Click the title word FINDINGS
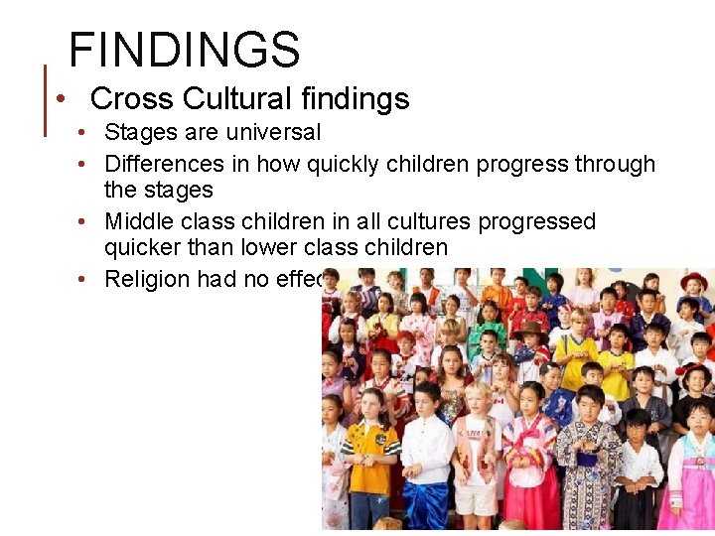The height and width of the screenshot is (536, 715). click(x=184, y=50)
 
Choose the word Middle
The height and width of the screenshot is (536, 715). click(x=140, y=221)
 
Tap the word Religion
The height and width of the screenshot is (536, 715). click(x=147, y=279)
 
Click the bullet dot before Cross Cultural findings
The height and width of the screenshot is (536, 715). click(x=62, y=99)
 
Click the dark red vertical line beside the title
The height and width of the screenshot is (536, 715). click(x=46, y=99)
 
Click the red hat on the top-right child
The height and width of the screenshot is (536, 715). click(x=694, y=281)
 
